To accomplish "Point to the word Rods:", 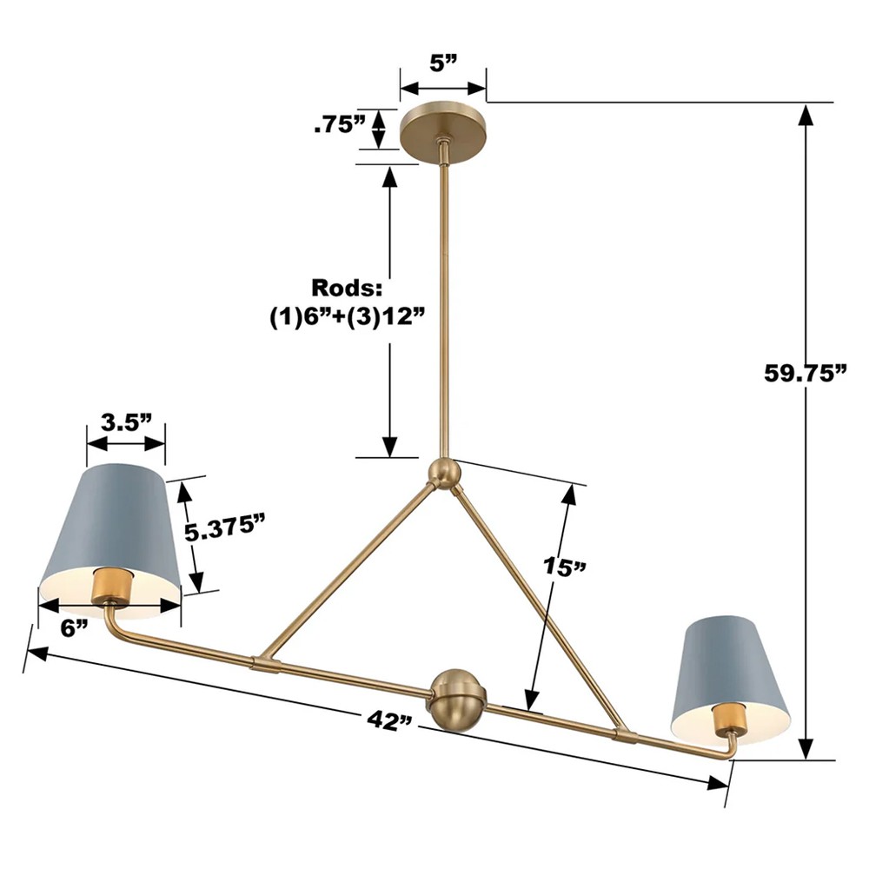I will tap(348, 288).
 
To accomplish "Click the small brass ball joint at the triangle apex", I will tap(444, 474).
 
